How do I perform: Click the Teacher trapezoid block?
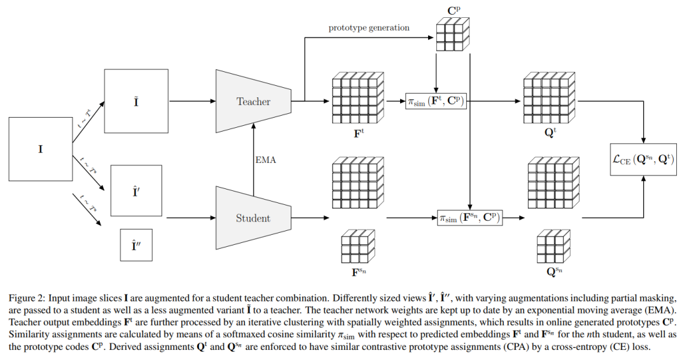pyautogui.click(x=253, y=101)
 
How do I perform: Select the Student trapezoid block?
pyautogui.click(x=253, y=218)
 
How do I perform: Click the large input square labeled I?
pyautogui.click(x=41, y=149)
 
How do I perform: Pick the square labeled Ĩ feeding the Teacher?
pyautogui.click(x=135, y=101)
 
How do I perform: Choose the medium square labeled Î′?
pyautogui.click(x=135, y=191)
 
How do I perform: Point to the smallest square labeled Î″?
pyautogui.click(x=135, y=245)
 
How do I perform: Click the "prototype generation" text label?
pyautogui.click(x=369, y=28)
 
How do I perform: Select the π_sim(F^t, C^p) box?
pyautogui.click(x=436, y=101)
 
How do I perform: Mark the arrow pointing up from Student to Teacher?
pyautogui.click(x=254, y=153)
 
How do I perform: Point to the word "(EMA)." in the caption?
pyautogui.click(x=661, y=308)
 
